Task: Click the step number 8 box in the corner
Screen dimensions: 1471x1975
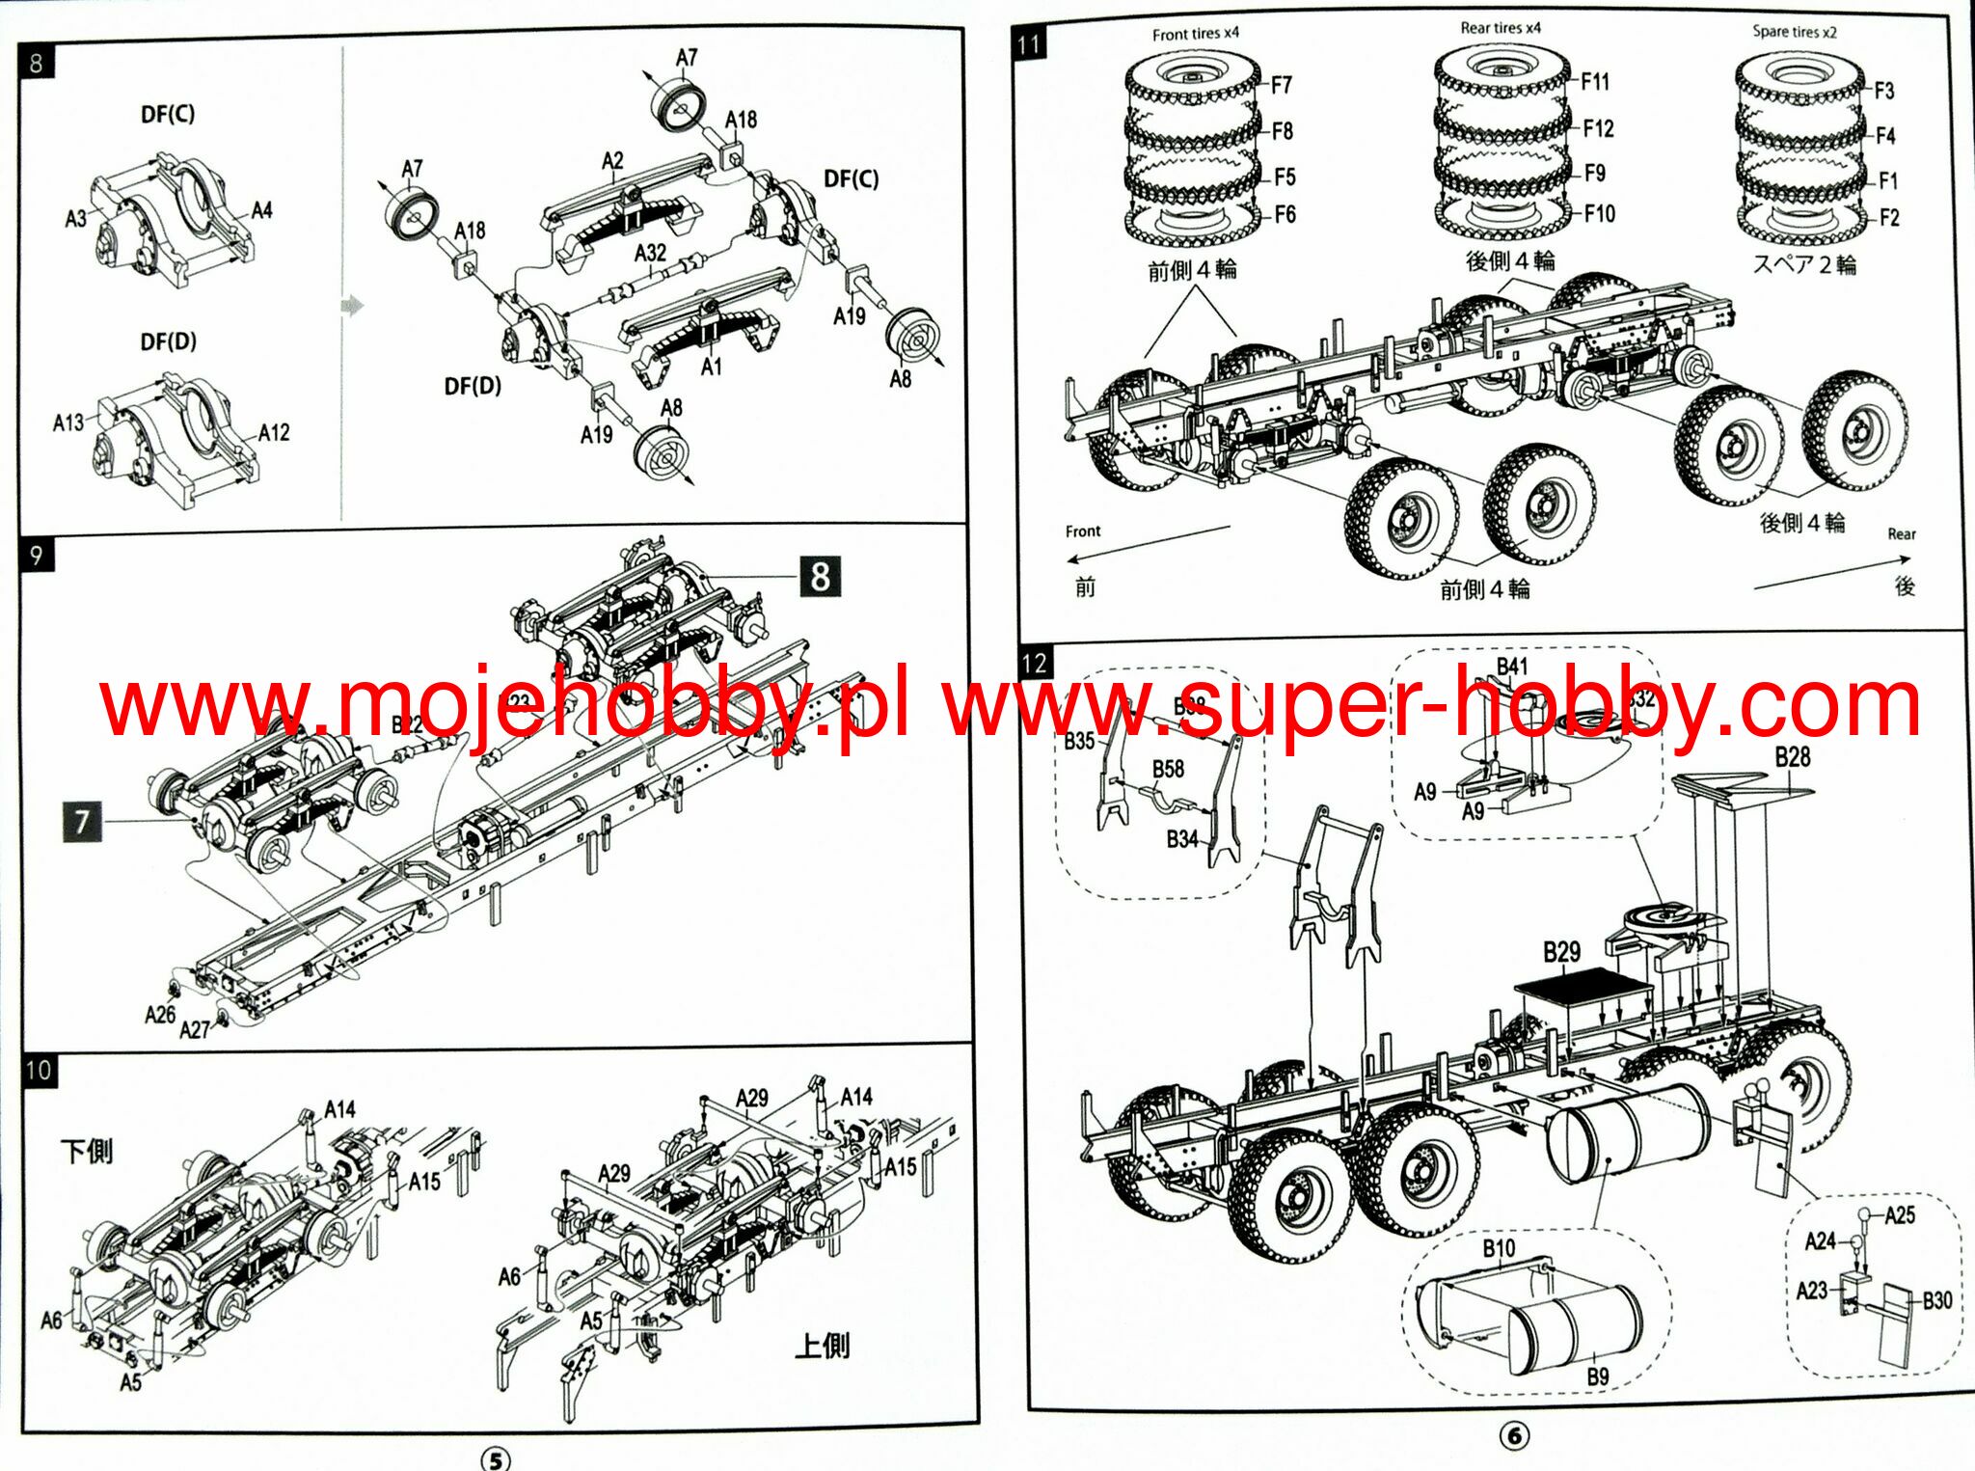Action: click(37, 64)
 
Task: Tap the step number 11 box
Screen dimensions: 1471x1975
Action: click(1029, 44)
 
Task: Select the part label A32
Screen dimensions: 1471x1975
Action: click(650, 253)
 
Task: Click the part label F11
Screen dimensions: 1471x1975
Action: click(1595, 82)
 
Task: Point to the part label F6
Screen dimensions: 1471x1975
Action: click(1285, 215)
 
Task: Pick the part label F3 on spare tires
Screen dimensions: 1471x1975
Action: click(1884, 91)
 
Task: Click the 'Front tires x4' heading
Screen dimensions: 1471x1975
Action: click(1195, 34)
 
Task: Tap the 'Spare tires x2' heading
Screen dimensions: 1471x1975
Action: click(1795, 32)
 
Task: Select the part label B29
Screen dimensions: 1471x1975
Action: click(1561, 953)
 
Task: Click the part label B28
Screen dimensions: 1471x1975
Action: click(1793, 757)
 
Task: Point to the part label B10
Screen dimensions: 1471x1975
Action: click(1499, 1249)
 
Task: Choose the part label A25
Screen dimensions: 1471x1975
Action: click(1900, 1215)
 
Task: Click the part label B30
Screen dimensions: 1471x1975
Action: click(1936, 1300)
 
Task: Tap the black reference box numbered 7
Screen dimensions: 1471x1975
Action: click(82, 822)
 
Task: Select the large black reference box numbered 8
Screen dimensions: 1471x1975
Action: click(820, 577)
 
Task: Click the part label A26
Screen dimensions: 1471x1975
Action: click(160, 1015)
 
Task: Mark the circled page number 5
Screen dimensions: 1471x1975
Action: click(495, 1459)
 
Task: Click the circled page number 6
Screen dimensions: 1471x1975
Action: click(1514, 1436)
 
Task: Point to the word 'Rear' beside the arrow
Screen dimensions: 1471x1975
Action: click(1901, 534)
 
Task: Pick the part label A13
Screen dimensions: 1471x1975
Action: click(68, 422)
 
